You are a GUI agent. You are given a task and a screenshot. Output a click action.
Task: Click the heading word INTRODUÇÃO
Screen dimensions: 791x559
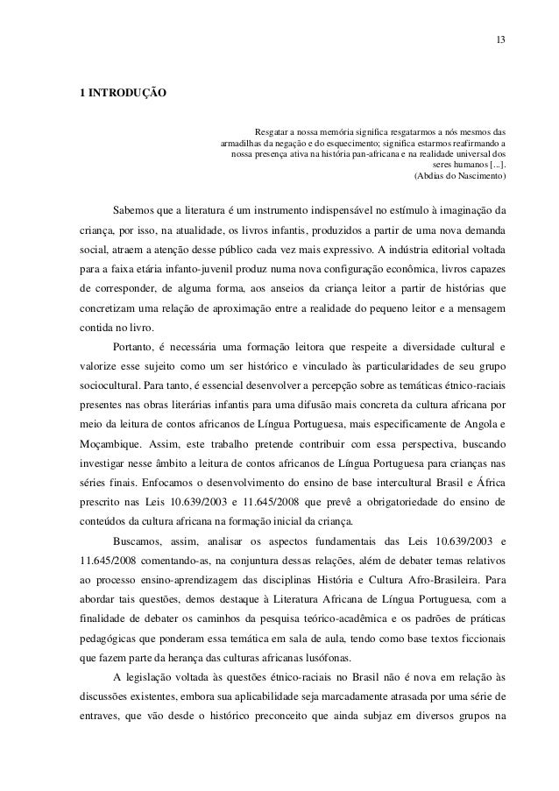pyautogui.click(x=125, y=92)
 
